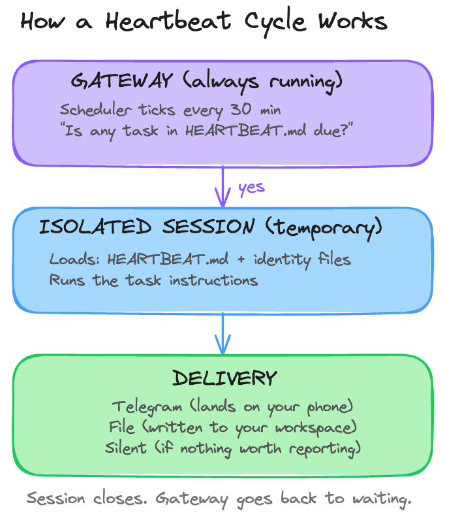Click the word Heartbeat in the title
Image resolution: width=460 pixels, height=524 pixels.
pyautogui.click(x=168, y=21)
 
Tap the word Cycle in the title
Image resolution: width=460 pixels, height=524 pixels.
pyautogui.click(x=275, y=22)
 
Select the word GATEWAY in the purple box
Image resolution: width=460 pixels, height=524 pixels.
pyautogui.click(x=121, y=81)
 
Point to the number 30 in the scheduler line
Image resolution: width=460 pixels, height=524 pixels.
pyautogui.click(x=241, y=109)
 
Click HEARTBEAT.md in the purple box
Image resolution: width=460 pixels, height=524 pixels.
pyautogui.click(x=246, y=130)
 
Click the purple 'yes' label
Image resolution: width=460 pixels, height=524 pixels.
pyautogui.click(x=251, y=188)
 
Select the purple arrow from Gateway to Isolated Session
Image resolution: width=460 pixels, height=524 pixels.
pyautogui.click(x=222, y=186)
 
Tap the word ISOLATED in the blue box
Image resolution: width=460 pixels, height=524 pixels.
pyautogui.click(x=95, y=227)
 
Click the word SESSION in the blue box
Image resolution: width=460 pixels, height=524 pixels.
pyautogui.click(x=209, y=227)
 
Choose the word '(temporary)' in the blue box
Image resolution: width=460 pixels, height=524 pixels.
pyautogui.click(x=324, y=228)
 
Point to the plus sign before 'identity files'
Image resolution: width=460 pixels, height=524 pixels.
pyautogui.click(x=241, y=259)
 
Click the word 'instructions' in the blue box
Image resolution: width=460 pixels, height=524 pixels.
pyautogui.click(x=213, y=280)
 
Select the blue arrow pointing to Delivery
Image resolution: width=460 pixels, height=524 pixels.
pyautogui.click(x=222, y=333)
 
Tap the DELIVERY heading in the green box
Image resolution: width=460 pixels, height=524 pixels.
pyautogui.click(x=224, y=378)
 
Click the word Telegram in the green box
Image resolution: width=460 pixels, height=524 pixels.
pyautogui.click(x=147, y=407)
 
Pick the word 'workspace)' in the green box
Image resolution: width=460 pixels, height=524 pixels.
pyautogui.click(x=316, y=429)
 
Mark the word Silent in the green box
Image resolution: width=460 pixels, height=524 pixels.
pyautogui.click(x=126, y=448)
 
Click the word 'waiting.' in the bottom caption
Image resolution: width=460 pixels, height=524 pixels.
pyautogui.click(x=382, y=499)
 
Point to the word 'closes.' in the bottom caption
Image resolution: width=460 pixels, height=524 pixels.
pyautogui.click(x=120, y=499)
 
